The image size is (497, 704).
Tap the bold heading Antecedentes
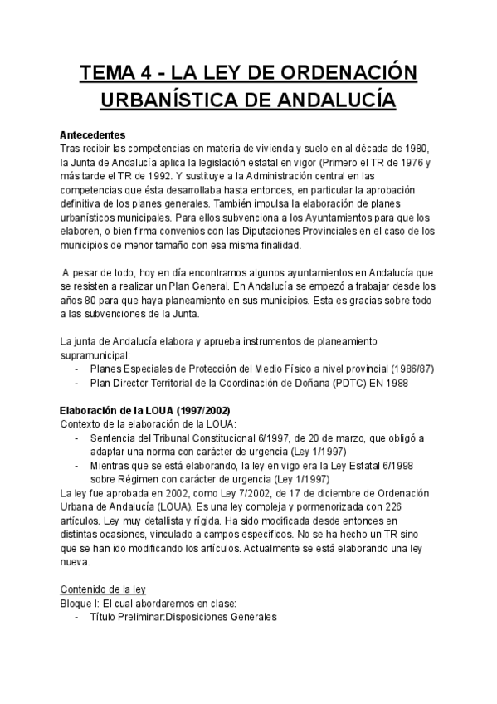tap(93, 134)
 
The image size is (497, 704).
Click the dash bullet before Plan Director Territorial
tap(78, 383)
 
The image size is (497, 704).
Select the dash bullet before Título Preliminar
tap(78, 618)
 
